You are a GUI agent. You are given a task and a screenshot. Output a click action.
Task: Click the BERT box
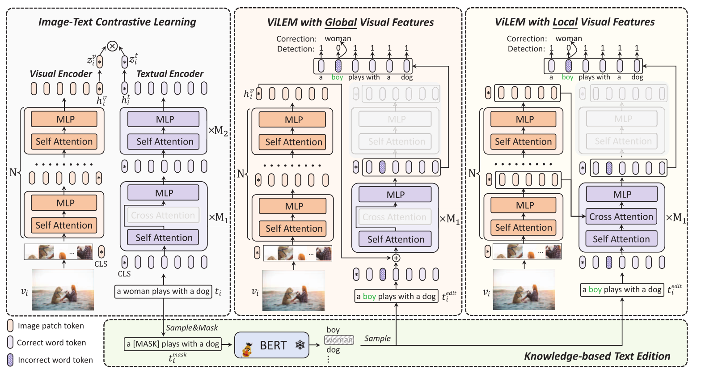point(271,345)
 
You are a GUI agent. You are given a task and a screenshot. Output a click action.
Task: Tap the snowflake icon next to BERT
point(300,345)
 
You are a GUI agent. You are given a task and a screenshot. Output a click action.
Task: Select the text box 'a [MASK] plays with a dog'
point(173,344)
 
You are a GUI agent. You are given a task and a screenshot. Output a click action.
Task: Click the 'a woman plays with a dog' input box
point(163,291)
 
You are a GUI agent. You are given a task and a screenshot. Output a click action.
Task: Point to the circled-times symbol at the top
point(112,46)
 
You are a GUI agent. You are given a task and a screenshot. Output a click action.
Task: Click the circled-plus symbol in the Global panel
point(396,258)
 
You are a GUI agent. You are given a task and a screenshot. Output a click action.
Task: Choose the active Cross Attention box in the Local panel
point(621,217)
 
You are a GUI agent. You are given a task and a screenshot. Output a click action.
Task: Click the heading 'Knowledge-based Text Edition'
point(597,356)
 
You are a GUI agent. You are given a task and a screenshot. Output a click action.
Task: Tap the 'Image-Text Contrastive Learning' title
point(117,22)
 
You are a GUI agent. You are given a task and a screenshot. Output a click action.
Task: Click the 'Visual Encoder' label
point(61,74)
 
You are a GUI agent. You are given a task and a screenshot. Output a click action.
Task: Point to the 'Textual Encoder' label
point(169,74)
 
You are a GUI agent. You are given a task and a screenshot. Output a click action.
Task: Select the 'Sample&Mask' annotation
point(192,328)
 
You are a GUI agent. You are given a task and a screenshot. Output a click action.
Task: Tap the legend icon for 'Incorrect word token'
point(11,360)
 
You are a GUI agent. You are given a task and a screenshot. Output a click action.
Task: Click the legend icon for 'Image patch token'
point(11,326)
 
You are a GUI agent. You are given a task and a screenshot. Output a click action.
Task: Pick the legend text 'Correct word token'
point(51,343)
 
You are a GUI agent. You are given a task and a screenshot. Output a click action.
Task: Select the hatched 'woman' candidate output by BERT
point(339,340)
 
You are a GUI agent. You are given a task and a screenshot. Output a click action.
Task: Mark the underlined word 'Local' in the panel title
point(565,22)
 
